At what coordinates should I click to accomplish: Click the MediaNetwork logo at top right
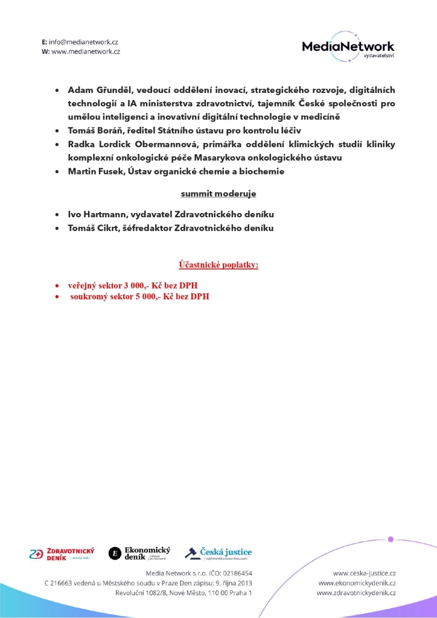pyautogui.click(x=348, y=46)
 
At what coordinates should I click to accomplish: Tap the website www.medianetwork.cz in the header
pyautogui.click(x=86, y=52)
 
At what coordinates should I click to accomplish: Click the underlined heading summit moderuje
pyautogui.click(x=218, y=194)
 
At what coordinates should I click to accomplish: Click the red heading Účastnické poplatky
pyautogui.click(x=218, y=265)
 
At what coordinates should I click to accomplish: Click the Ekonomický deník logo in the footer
pyautogui.click(x=139, y=553)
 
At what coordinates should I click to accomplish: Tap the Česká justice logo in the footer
pyautogui.click(x=218, y=553)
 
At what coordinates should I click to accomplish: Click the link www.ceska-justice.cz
pyautogui.click(x=364, y=573)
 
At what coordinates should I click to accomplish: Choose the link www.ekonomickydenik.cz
pyautogui.click(x=357, y=583)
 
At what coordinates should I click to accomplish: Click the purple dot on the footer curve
pyautogui.click(x=391, y=539)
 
